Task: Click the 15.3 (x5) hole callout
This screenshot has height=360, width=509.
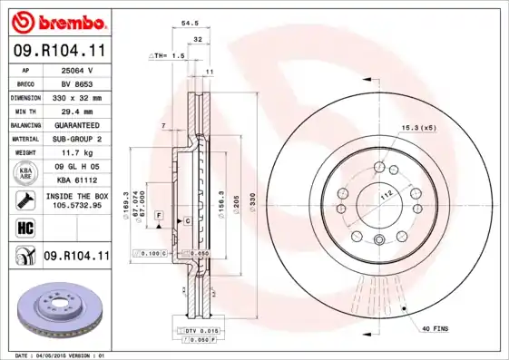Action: pos(419,128)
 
